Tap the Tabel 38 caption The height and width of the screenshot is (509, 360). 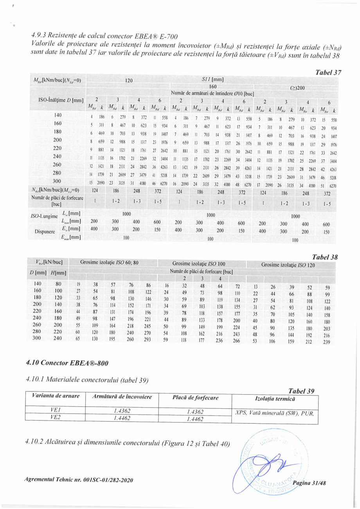pos(324,257)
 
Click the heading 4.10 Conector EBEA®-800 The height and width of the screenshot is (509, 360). pos(67,363)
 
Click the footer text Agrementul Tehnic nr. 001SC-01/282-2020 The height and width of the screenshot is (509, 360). pos(77,480)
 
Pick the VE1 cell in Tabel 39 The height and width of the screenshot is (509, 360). pos(54,409)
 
